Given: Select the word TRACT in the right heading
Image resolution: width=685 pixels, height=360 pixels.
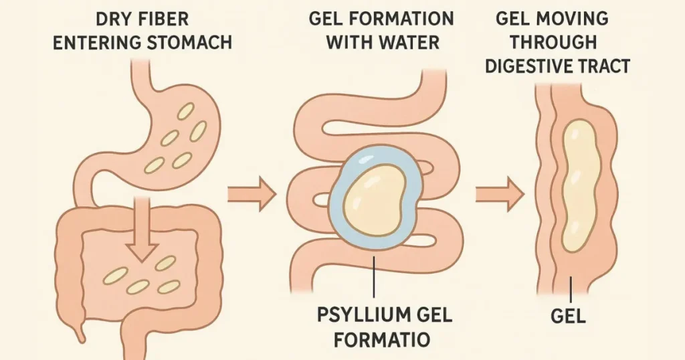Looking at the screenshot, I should click(611, 66).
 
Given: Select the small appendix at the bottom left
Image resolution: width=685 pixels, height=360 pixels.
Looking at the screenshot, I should click(81, 332).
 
